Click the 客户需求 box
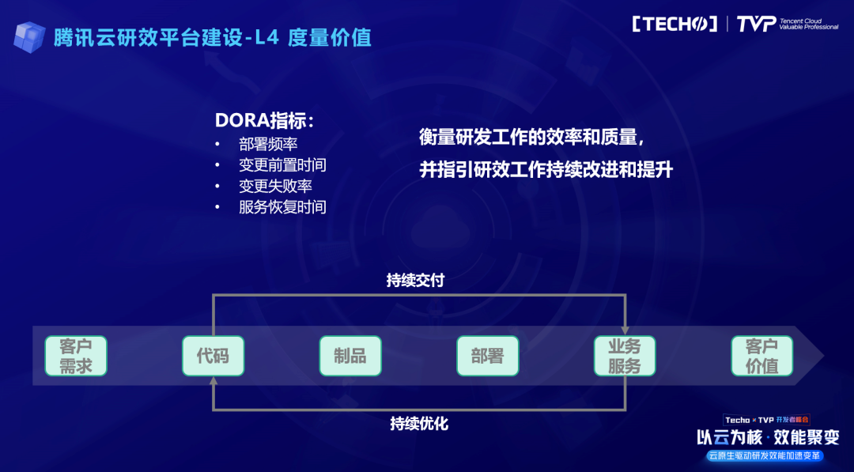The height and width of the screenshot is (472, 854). (x=76, y=356)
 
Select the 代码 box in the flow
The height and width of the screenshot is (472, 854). (x=213, y=356)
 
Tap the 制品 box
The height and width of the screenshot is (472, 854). (x=350, y=356)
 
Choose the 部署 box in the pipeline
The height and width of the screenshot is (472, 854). (x=487, y=356)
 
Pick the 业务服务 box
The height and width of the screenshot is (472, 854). (x=625, y=356)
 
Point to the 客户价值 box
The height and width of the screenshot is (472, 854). (x=762, y=356)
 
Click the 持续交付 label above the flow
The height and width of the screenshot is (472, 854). (x=416, y=281)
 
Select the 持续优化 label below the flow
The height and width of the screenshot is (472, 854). (x=419, y=424)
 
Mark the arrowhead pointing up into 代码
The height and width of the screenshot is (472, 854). (x=213, y=380)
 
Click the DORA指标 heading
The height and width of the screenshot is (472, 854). (x=265, y=120)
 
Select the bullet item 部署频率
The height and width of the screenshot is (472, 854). (x=268, y=144)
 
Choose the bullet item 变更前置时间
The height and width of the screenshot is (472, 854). (x=282, y=165)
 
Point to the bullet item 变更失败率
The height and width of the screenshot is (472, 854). (x=275, y=186)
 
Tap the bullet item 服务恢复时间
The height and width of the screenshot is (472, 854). (x=282, y=207)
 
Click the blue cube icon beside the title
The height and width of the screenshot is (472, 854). (x=29, y=37)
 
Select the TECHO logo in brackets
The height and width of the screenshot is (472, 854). (x=675, y=24)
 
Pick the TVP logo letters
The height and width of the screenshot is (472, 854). (x=756, y=24)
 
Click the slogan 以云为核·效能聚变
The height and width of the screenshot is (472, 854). (x=768, y=437)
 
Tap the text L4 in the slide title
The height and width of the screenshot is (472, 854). (x=267, y=38)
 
